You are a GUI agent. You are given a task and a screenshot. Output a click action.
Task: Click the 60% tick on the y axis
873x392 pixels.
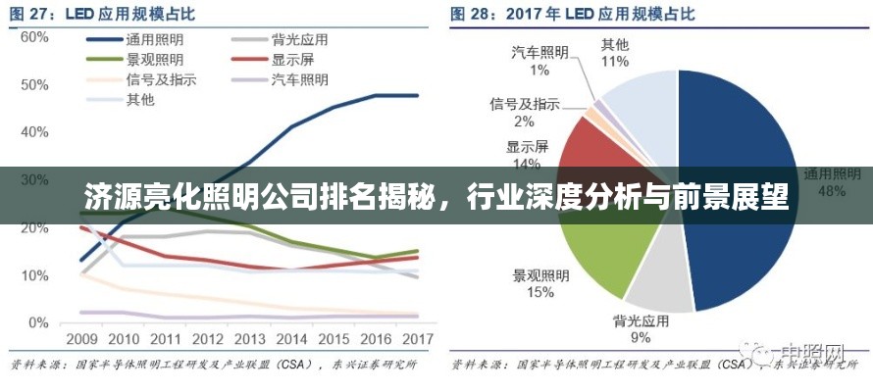click(x=34, y=37)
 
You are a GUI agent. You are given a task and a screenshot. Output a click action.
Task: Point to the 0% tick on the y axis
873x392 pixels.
click(x=37, y=322)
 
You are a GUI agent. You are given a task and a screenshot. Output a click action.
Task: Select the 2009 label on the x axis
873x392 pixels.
click(x=81, y=339)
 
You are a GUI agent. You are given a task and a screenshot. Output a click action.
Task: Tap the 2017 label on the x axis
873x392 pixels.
click(x=418, y=339)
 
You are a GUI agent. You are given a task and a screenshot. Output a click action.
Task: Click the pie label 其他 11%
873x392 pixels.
click(x=615, y=53)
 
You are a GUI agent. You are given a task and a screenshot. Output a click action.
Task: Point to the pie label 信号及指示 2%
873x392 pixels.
click(x=525, y=112)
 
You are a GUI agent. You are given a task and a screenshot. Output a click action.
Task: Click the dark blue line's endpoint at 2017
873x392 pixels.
click(x=418, y=95)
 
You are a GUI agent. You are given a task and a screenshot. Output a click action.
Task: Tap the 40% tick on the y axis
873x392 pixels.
click(x=34, y=132)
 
